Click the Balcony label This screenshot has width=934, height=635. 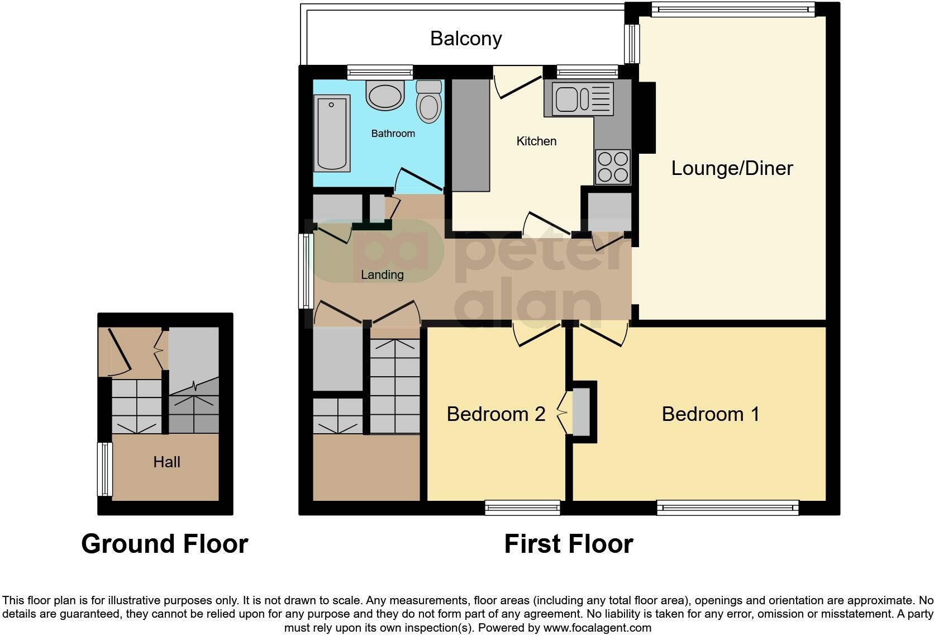pos(466,39)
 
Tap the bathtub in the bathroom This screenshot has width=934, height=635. pos(332,133)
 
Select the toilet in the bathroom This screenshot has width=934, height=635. pos(429,102)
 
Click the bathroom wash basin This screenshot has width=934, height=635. pos(385,95)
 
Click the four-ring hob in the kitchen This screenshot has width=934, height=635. pos(613,167)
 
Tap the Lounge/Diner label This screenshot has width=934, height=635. pos(732,168)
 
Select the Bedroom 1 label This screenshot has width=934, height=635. pos(711,414)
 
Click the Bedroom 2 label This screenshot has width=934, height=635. pos(495,414)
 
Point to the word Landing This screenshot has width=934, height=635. pos(382,275)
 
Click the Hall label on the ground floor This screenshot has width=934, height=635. pos(166,462)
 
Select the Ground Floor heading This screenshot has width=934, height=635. pos(164,544)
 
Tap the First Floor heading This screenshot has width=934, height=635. pos(568,544)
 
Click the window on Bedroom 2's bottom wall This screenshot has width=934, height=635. pos(522,508)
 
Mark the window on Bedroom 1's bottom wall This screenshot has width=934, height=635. pos(727,508)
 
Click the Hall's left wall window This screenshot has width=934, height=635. pos(104,470)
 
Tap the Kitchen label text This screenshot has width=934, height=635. pos(536,141)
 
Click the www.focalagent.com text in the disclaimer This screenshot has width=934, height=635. pos(597,628)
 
